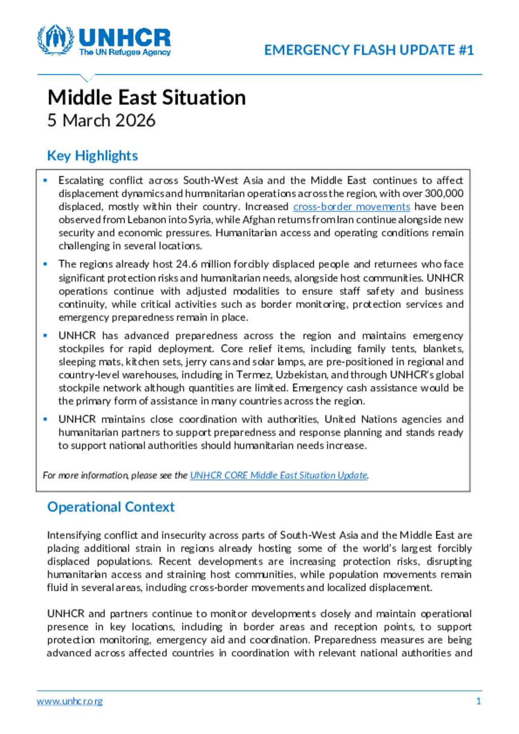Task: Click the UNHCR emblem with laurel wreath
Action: [55, 40]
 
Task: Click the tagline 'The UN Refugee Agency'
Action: [125, 52]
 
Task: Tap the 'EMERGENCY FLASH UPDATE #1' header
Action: [369, 50]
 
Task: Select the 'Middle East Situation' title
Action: [146, 97]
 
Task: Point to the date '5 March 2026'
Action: [101, 121]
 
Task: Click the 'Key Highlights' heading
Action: [92, 156]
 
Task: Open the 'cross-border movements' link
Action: [351, 207]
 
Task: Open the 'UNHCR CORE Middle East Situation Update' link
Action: [278, 475]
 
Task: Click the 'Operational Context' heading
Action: [110, 507]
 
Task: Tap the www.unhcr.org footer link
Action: [69, 701]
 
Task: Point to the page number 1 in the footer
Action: [478, 701]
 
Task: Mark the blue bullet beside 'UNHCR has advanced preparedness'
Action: [46, 335]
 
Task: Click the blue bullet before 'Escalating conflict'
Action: [46, 180]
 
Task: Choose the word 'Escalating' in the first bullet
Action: [81, 180]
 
